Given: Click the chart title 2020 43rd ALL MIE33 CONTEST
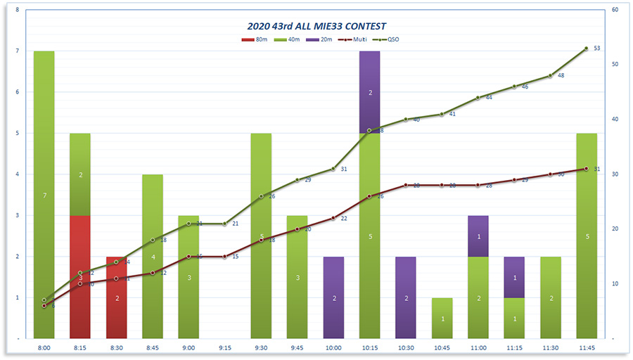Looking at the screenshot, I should point(316,27).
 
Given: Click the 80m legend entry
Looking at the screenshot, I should point(257,39).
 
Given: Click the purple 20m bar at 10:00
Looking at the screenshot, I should point(333,297).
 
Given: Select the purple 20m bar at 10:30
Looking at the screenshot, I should point(406,297).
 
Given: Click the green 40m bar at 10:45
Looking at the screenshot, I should point(442,318).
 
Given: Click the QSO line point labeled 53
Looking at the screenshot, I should point(587,49).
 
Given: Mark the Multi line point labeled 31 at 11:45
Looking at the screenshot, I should point(587,169).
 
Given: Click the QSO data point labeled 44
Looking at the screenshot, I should point(478,98).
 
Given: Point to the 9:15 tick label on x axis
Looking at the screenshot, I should point(224,347).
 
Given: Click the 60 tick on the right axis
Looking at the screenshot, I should point(615,10).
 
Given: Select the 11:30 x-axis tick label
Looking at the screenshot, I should point(551,347).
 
